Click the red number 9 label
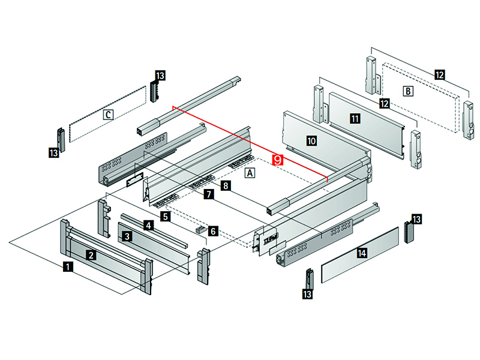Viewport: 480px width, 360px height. click(x=277, y=160)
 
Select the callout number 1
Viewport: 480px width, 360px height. click(x=69, y=266)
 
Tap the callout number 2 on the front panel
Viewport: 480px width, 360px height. click(x=90, y=254)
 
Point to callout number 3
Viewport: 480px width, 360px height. click(x=127, y=236)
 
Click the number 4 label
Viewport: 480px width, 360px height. click(x=148, y=226)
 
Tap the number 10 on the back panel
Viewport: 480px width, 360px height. click(x=311, y=141)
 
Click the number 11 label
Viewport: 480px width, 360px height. click(x=355, y=119)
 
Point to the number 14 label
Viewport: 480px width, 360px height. click(x=361, y=253)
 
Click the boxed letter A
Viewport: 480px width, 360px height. click(x=250, y=173)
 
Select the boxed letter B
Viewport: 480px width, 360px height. click(x=408, y=91)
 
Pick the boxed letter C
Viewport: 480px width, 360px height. click(x=108, y=114)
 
